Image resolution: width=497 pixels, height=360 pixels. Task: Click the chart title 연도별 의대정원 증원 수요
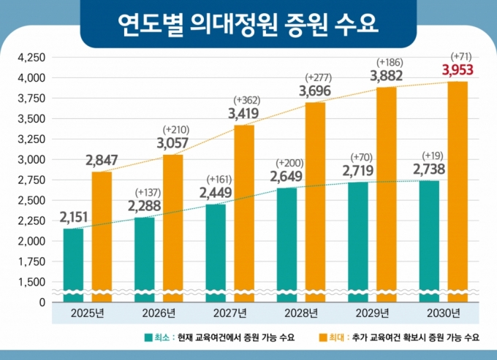[x=248, y=23]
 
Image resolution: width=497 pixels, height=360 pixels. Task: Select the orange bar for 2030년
[x=458, y=190]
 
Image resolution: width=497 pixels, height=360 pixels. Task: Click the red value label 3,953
[x=458, y=71]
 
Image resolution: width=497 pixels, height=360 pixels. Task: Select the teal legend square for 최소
[x=148, y=338]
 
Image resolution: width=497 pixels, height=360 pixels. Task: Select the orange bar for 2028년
[x=315, y=201]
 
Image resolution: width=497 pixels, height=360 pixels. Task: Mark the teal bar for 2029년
[x=358, y=241]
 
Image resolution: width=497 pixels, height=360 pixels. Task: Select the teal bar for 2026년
[x=145, y=259]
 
